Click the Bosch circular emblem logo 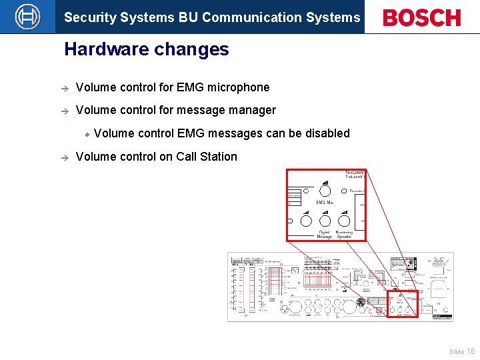[27, 17]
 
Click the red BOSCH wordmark [422, 18]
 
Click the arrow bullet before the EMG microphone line [59, 88]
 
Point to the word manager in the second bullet [253, 110]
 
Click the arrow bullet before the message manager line [59, 111]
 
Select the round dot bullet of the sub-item [87, 134]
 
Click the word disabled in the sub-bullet [327, 133]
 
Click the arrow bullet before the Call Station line [59, 157]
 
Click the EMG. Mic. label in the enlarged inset [325, 202]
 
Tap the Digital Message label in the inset [325, 234]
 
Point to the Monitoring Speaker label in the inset [344, 234]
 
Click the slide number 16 [471, 351]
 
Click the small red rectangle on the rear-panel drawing [403, 303]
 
